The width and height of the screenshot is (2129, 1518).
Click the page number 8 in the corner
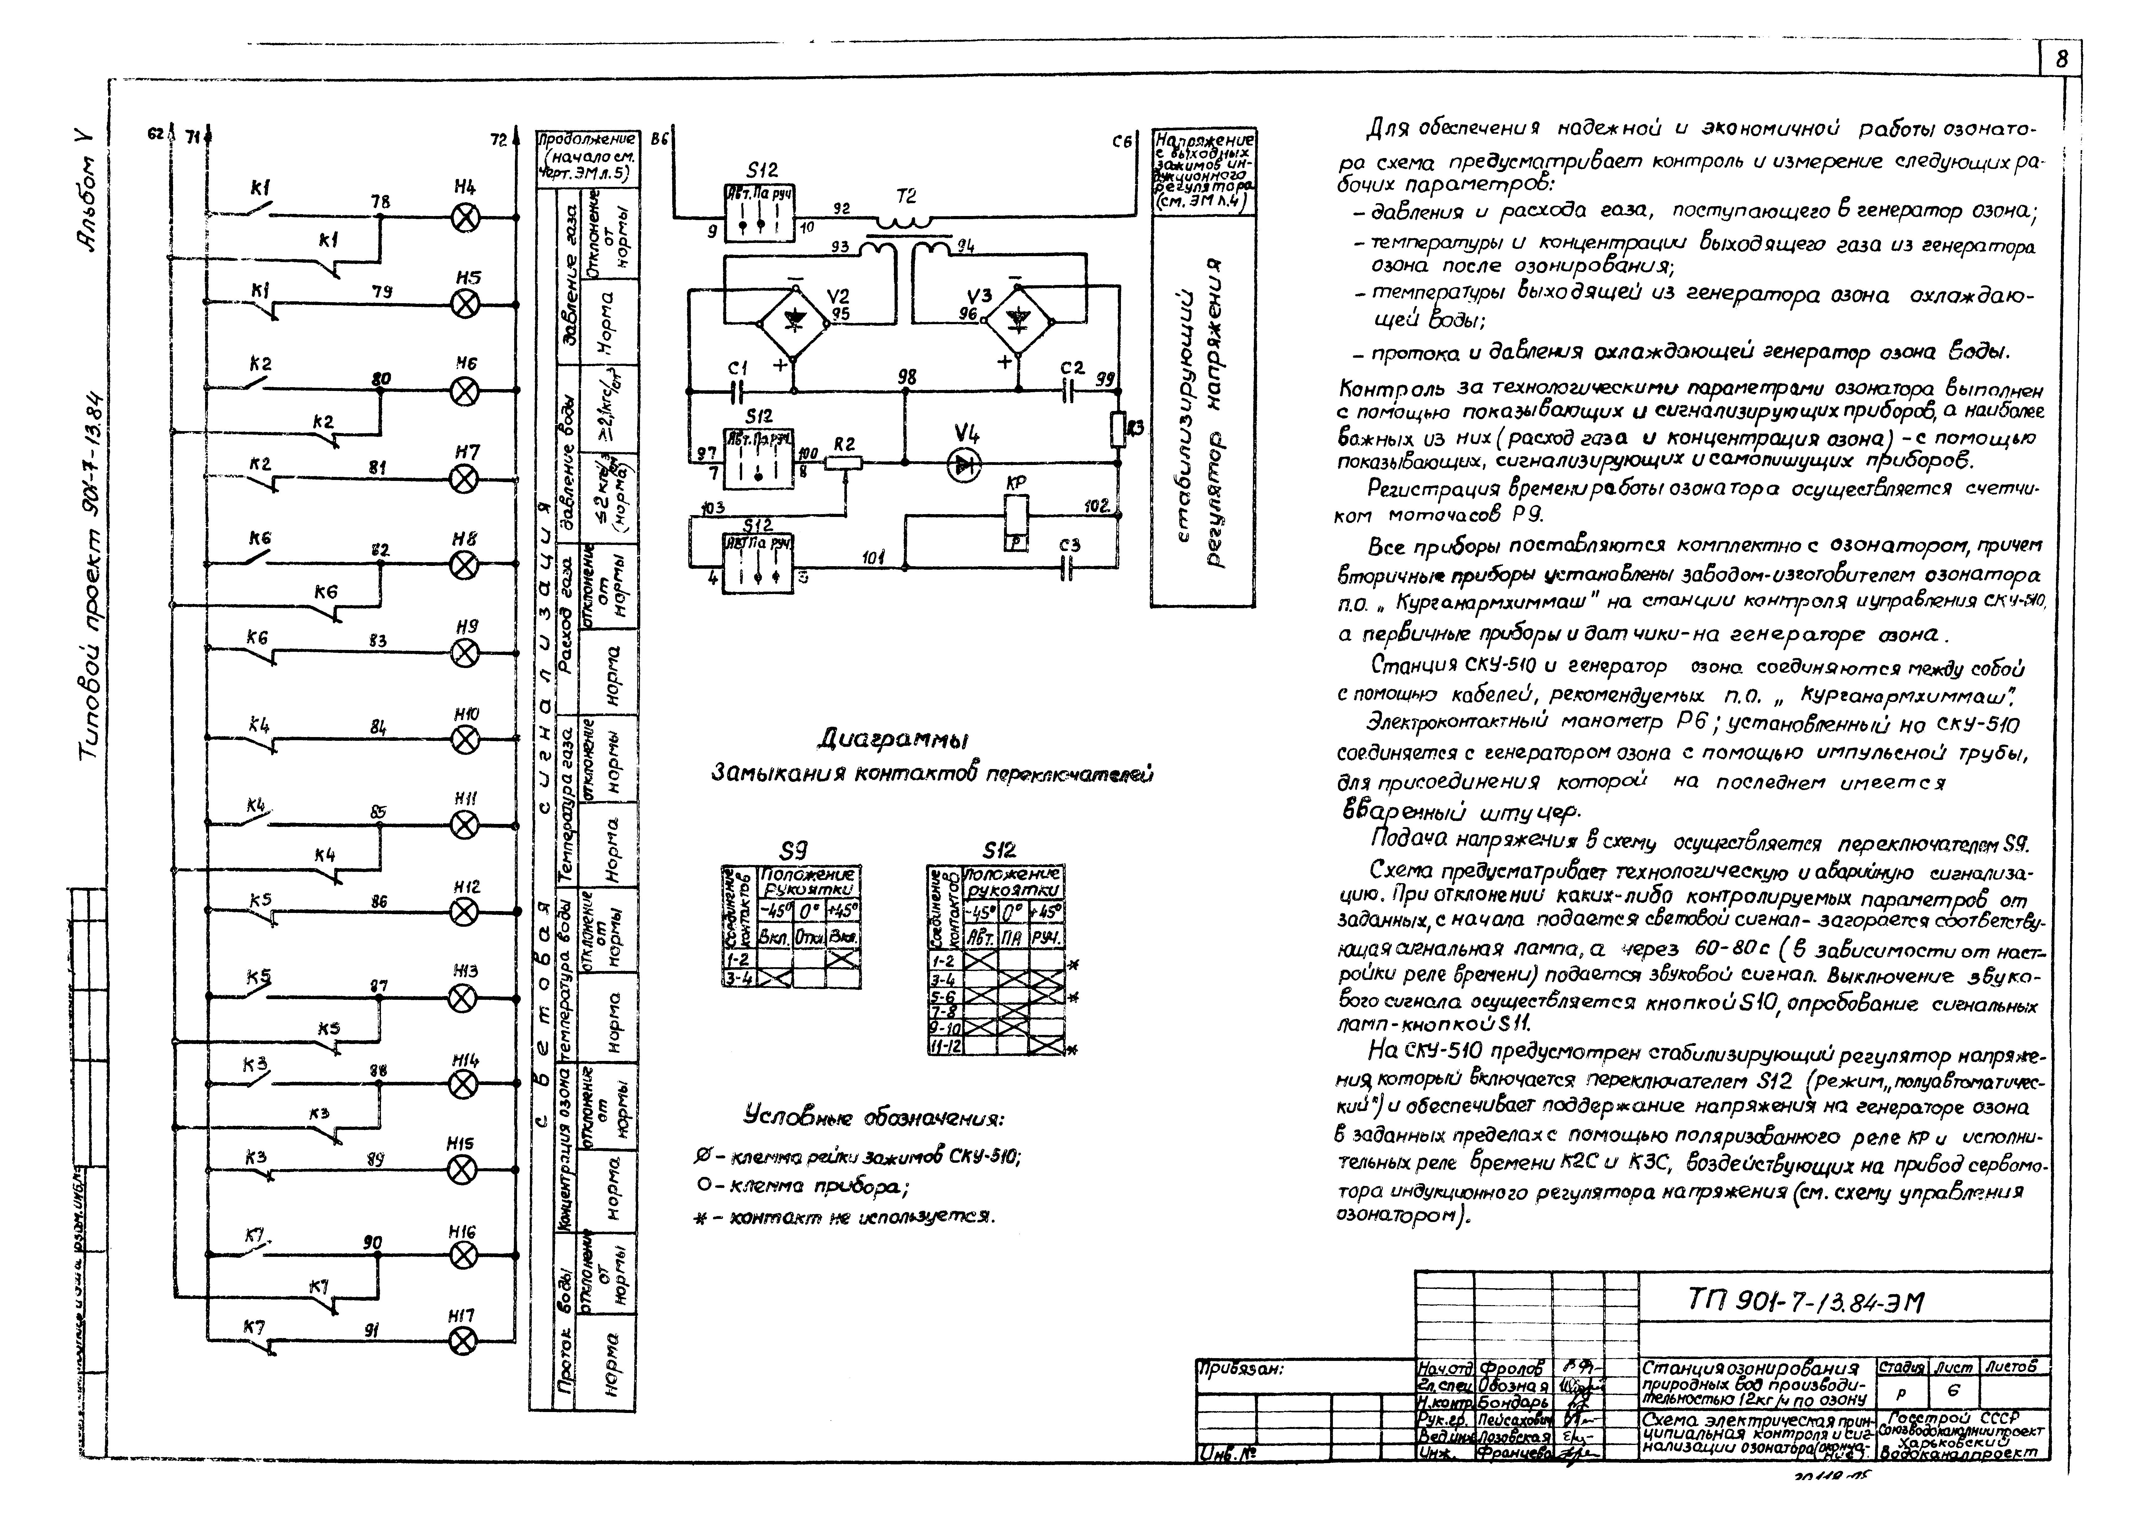pos(2061,59)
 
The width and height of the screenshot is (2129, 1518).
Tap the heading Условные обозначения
pos(874,1117)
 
